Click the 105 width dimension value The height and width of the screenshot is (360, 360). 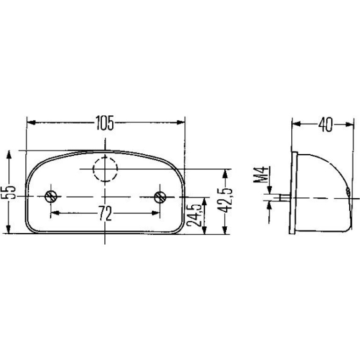(105, 123)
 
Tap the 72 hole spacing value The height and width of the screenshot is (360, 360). (105, 213)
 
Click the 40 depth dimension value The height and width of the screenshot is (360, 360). (325, 125)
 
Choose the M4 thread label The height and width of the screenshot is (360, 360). (260, 174)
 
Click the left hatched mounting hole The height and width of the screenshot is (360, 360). (51, 196)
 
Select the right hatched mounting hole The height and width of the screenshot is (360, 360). (160, 197)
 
